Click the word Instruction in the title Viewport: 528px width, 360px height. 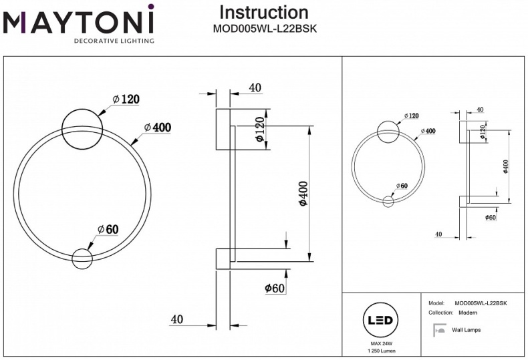(264, 12)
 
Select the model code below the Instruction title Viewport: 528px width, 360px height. (264, 29)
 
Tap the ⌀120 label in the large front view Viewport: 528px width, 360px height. (126, 99)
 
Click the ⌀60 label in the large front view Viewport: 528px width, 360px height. (108, 229)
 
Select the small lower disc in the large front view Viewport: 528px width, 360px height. (82, 258)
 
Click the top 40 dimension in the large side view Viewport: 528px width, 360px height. (255, 87)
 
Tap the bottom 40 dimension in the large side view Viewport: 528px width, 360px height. (176, 319)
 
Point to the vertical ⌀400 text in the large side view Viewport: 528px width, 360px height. (302, 194)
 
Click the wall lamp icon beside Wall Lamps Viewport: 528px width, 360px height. (439, 329)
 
